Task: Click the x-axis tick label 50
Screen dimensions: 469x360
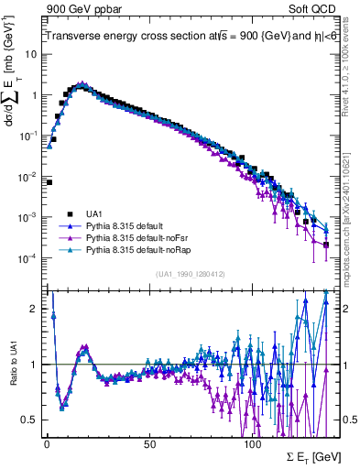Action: (148, 442)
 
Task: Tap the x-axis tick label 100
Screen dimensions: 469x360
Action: (251, 442)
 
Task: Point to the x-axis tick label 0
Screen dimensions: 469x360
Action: (47, 442)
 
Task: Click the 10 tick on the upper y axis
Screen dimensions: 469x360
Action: (31, 54)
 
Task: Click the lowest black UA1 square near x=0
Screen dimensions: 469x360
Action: (49, 182)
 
